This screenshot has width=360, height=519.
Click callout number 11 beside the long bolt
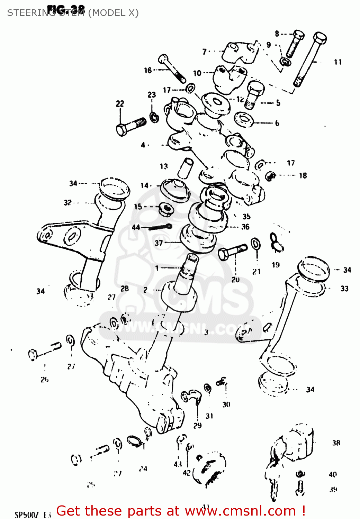(337, 62)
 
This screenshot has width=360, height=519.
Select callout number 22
(120, 103)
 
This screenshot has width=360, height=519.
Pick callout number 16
(148, 70)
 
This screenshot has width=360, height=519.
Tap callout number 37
(159, 243)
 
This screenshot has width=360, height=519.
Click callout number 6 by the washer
(277, 123)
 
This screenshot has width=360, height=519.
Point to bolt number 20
(232, 252)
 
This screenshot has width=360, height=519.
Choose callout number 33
(344, 289)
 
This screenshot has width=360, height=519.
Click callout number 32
(67, 202)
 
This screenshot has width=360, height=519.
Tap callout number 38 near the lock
(336, 443)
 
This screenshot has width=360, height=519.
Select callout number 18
(303, 175)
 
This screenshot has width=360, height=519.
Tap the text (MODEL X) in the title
(114, 13)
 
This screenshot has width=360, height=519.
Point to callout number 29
(197, 425)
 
